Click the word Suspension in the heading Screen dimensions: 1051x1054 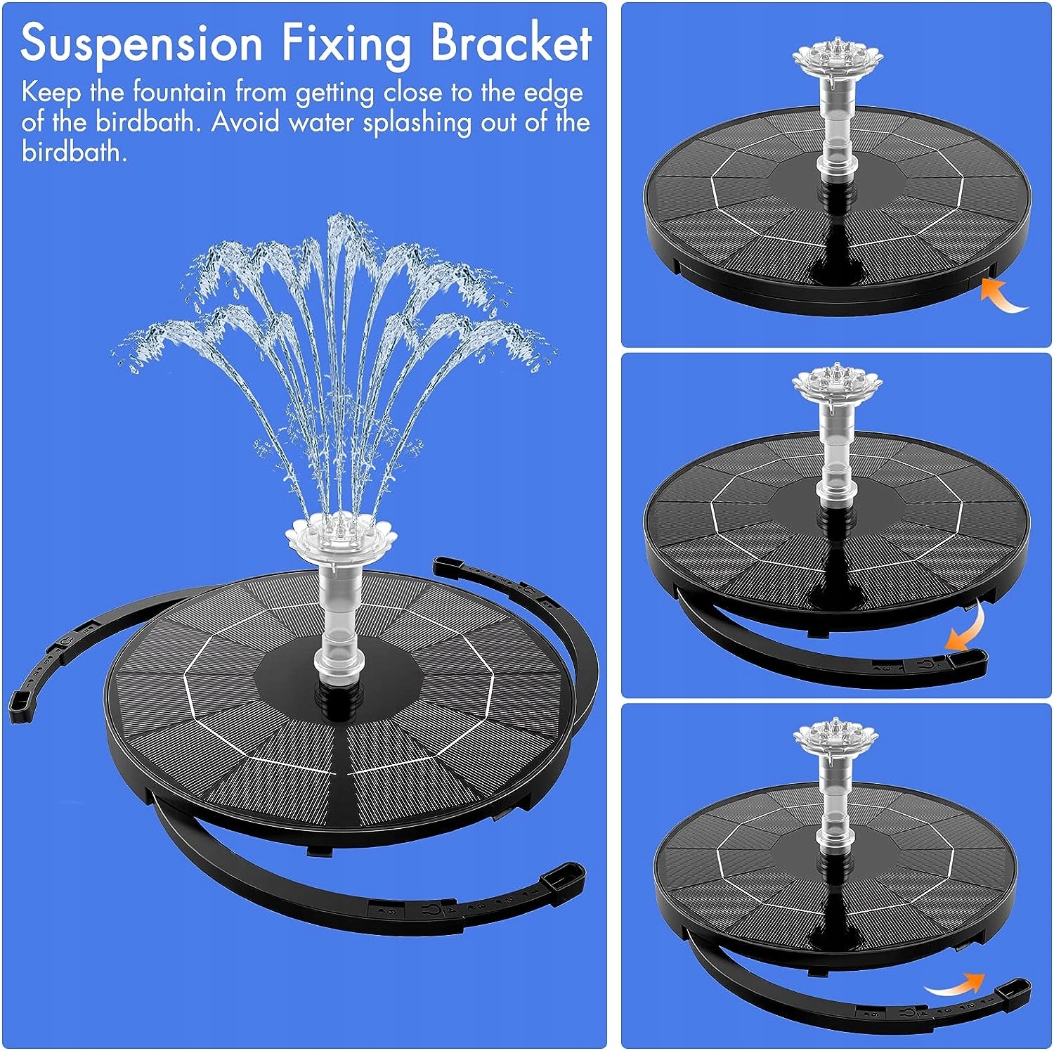[x=141, y=44]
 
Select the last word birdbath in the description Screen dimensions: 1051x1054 [x=73, y=152]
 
